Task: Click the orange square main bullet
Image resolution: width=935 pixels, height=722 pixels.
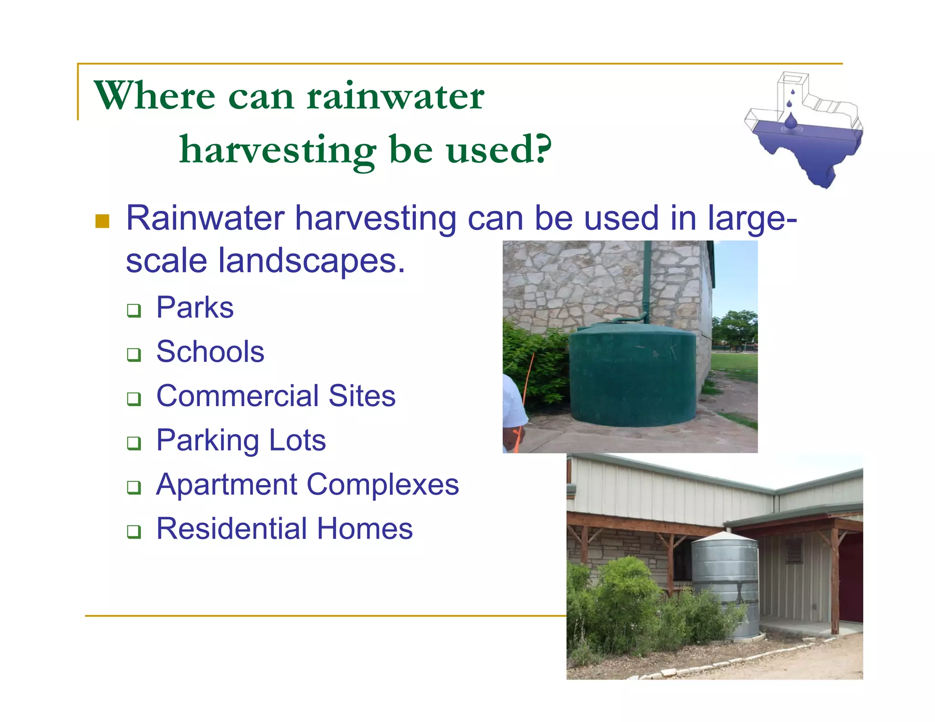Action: (x=102, y=221)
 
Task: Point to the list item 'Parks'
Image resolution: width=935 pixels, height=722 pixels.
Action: (x=194, y=308)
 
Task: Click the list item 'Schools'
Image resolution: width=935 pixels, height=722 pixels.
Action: (x=210, y=352)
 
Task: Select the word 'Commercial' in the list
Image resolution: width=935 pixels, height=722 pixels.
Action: (x=237, y=396)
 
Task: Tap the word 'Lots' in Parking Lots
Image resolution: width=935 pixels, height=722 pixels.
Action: (x=297, y=440)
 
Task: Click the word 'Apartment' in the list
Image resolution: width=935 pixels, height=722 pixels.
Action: (x=227, y=485)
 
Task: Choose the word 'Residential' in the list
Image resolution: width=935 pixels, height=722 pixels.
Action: (x=232, y=529)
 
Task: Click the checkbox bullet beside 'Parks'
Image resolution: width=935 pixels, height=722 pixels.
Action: (x=134, y=311)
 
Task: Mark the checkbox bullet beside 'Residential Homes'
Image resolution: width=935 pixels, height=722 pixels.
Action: (x=134, y=532)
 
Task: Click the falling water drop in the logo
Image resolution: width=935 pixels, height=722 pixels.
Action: (x=791, y=121)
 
